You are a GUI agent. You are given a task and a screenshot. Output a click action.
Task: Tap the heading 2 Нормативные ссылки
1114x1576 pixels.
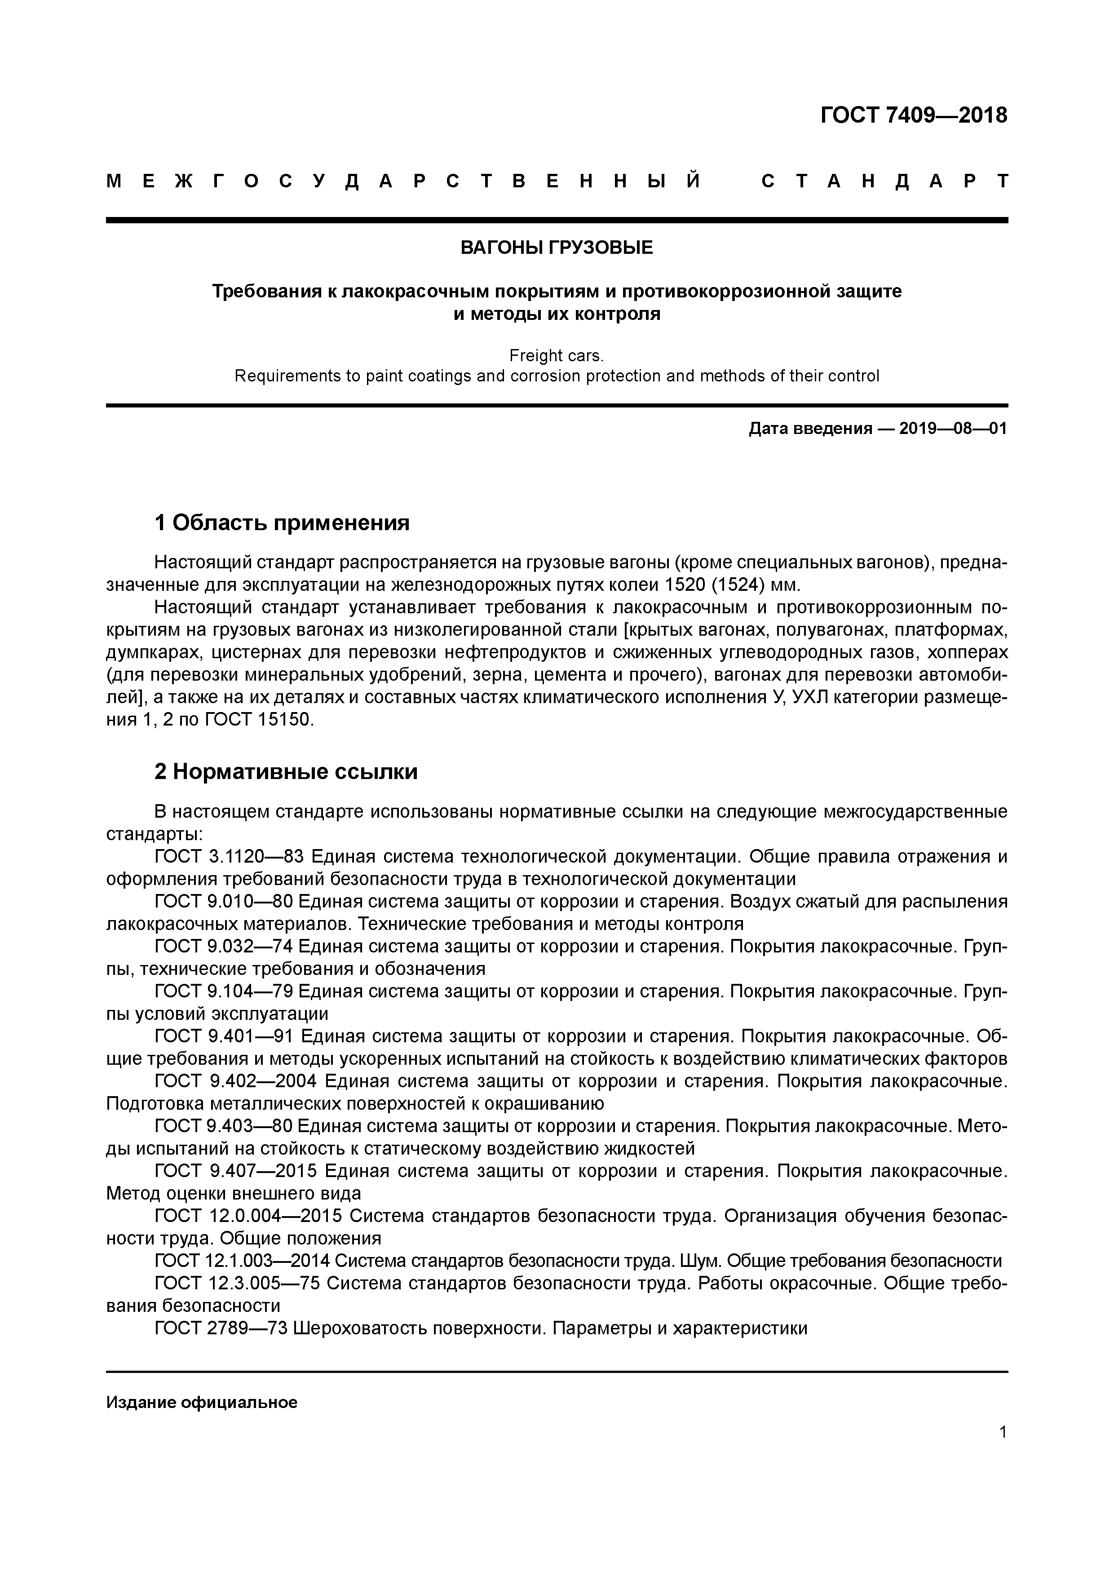[x=286, y=771]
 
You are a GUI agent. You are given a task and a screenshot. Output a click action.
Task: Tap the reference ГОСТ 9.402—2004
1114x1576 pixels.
[x=235, y=1081]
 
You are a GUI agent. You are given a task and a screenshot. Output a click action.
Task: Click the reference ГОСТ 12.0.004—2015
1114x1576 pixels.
[x=248, y=1216]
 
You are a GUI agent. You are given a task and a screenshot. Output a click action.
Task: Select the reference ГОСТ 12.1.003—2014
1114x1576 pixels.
[x=242, y=1260]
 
